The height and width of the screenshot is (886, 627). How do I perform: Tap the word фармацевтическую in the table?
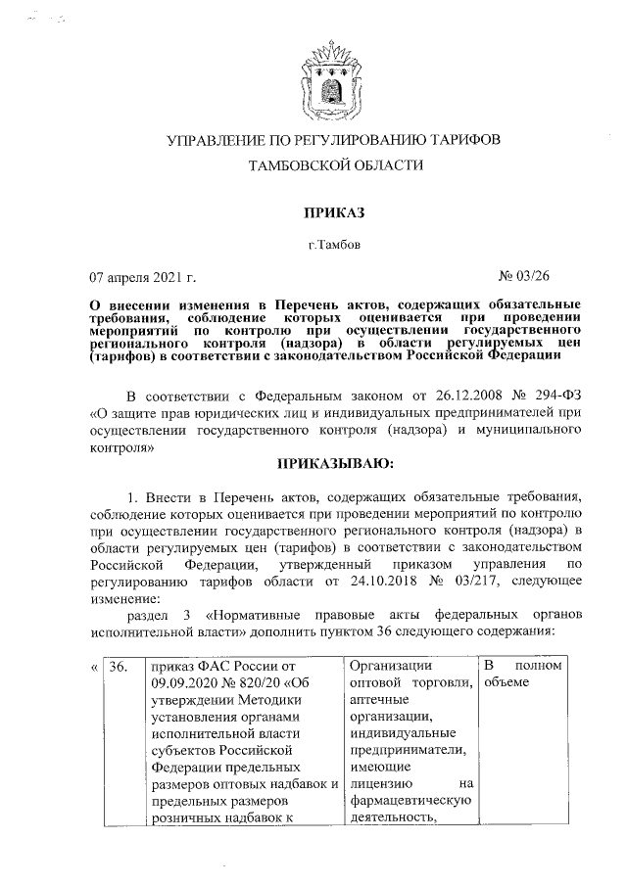click(410, 803)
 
